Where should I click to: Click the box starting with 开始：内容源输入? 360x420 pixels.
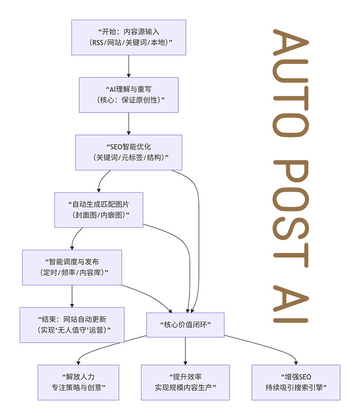129,37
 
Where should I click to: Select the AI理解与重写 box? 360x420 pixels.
129,95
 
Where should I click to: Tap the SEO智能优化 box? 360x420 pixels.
129,152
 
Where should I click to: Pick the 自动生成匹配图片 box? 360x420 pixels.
99,210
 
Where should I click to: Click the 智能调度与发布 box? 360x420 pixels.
72,267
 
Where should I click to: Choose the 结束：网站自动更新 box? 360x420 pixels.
72,325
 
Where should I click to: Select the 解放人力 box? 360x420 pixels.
78,382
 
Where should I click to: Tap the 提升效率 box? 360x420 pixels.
185,382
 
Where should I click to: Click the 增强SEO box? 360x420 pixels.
296,382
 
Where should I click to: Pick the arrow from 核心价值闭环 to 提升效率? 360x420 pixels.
185,351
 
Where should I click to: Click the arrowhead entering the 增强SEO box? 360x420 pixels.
296,362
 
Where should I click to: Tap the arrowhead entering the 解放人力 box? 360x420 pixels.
78,362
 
